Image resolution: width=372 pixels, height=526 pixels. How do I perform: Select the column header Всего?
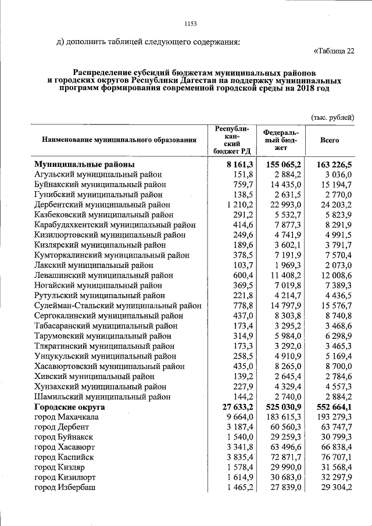[330, 140]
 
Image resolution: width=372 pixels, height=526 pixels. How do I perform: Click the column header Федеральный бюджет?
[280, 140]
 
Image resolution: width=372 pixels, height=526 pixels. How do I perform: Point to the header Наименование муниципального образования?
[119, 140]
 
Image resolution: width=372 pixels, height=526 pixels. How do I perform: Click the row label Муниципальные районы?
[85, 164]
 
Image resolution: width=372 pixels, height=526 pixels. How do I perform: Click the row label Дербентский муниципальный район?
[102, 205]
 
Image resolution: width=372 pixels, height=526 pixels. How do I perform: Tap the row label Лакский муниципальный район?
[94, 264]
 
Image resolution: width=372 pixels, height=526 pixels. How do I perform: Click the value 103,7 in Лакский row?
[244, 264]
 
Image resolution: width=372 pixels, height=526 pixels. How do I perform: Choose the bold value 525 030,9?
[282, 407]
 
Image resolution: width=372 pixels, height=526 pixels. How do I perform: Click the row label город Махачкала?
[66, 417]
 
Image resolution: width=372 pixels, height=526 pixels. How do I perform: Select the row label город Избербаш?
[65, 487]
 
